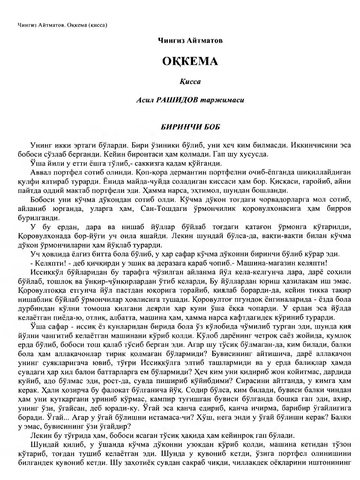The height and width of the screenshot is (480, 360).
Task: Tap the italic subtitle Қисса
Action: point(190,82)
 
